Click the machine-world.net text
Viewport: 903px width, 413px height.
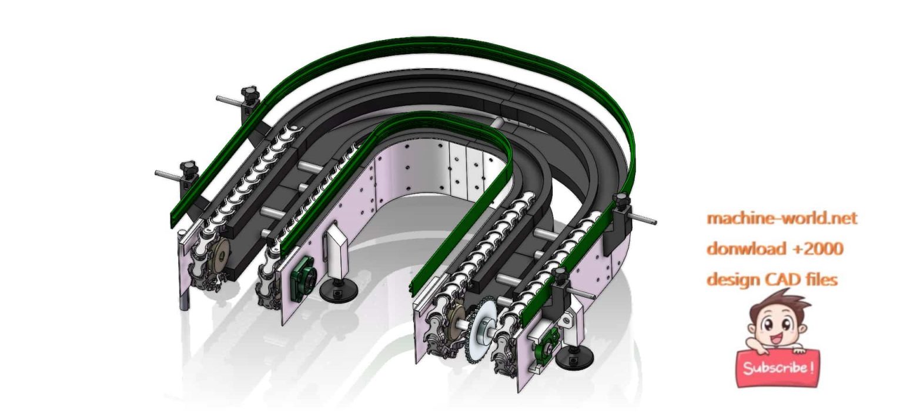(781, 218)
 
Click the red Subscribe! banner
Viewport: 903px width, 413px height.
(778, 368)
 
